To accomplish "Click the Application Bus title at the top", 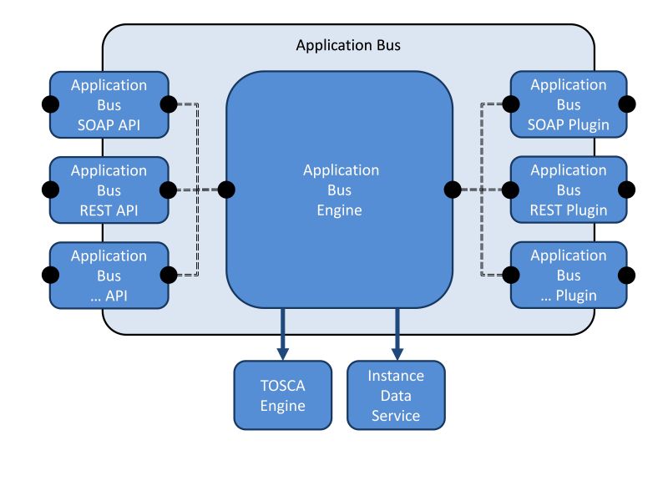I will tap(348, 45).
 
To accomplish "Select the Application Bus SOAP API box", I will tap(109, 104).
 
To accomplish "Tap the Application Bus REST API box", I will tap(109, 190).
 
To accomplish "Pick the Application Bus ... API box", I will tap(109, 275).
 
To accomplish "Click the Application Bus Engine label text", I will tap(340, 190).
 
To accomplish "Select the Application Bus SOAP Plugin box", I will tap(569, 104).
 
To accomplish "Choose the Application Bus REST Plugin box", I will tap(569, 190).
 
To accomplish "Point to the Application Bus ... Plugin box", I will tap(569, 275).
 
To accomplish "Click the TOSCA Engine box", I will tap(283, 396).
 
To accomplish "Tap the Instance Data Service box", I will tap(396, 396).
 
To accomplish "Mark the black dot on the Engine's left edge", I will tap(226, 190).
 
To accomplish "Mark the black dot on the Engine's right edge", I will tap(453, 190).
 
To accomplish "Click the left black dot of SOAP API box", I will tap(50, 104).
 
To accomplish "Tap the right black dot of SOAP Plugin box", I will tap(627, 104).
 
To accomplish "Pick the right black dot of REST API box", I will tap(168, 190).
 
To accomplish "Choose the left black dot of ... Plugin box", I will tap(510, 274).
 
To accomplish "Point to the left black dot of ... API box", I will tap(50, 275).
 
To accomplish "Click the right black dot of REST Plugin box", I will tap(627, 190).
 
